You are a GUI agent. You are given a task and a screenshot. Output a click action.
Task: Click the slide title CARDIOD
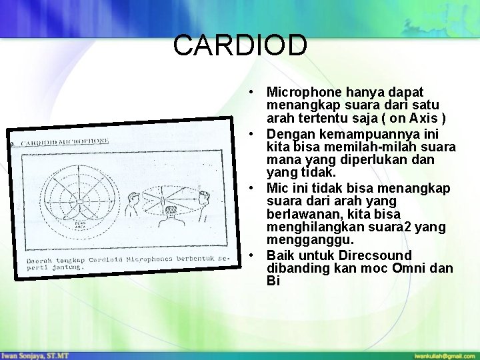click(240, 45)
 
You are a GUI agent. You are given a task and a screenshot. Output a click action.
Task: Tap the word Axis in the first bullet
click(425, 119)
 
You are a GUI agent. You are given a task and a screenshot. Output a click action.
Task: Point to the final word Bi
click(272, 281)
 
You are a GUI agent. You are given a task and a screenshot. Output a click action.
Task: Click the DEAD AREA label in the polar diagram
click(79, 225)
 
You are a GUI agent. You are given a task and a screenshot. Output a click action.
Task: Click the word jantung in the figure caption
click(71, 267)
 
